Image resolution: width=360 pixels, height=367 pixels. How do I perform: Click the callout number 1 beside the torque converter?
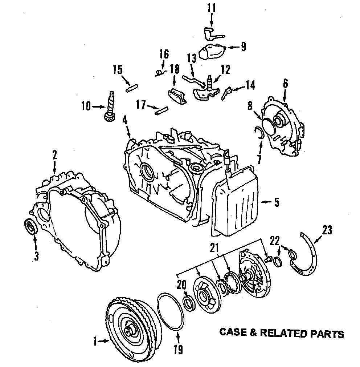95,341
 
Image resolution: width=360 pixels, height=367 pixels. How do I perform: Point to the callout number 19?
178,350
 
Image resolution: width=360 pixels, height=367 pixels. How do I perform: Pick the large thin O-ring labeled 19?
171,312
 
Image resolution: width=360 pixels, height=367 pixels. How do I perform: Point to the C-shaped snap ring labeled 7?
259,132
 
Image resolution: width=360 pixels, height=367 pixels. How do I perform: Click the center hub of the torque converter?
130,331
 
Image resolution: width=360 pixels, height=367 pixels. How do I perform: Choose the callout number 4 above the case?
125,120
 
